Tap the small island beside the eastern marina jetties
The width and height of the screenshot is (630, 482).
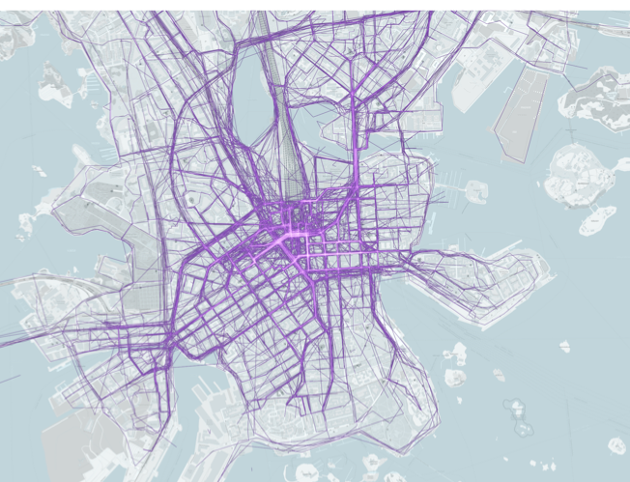point(475,190)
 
